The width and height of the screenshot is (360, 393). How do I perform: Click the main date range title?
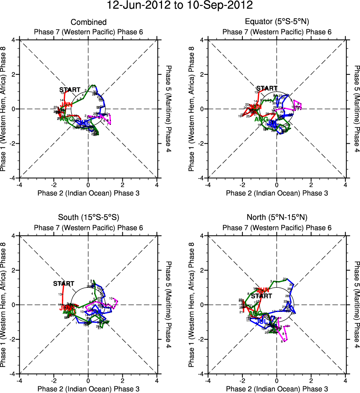click(180, 6)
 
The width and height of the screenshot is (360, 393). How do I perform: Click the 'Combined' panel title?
click(88, 22)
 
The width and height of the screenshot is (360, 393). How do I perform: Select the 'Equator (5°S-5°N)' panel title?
click(277, 22)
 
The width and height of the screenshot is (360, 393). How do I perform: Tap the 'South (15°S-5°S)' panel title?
click(88, 217)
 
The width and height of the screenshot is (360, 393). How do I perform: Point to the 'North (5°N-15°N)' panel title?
click(277, 217)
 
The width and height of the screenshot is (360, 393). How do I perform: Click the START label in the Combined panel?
click(69, 90)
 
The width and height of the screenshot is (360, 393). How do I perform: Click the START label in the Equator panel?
click(267, 88)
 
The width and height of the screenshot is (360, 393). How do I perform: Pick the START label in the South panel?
click(63, 284)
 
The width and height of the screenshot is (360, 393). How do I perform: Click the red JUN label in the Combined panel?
click(66, 105)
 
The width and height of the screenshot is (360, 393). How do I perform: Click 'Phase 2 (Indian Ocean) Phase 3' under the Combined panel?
click(88, 193)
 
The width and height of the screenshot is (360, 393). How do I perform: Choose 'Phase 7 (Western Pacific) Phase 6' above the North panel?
click(277, 227)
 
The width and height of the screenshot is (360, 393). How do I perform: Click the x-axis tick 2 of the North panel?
click(311, 381)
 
